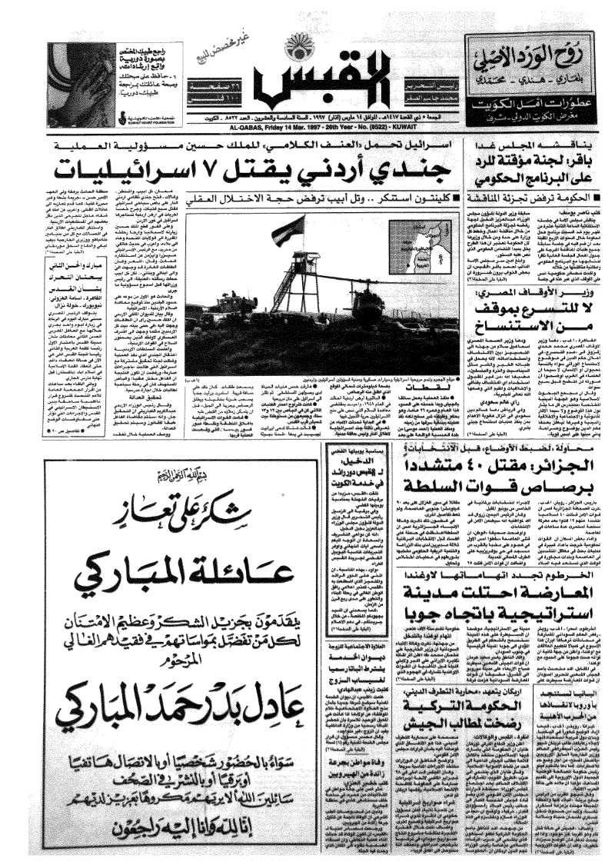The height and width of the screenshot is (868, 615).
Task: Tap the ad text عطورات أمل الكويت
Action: tap(536, 102)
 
